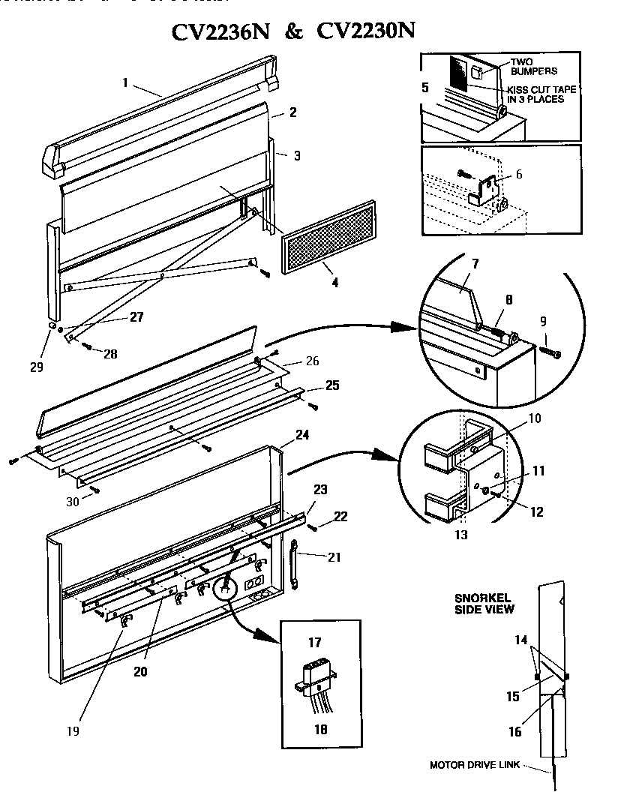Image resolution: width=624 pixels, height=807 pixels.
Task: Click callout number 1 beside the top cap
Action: tap(125, 82)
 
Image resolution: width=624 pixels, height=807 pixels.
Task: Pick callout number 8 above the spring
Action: tap(508, 298)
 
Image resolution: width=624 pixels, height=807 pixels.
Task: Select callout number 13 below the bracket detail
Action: tap(460, 535)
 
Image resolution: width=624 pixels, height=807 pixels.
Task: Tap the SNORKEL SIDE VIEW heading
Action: tap(484, 603)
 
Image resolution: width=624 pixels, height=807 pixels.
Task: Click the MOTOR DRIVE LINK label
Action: tap(474, 766)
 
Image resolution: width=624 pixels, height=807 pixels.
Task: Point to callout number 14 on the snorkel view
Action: tap(521, 640)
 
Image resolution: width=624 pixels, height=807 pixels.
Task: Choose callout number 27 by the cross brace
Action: tap(136, 316)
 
